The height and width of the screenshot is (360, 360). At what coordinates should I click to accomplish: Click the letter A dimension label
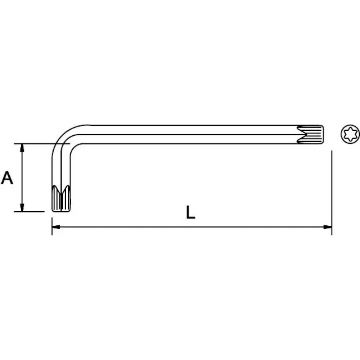point(8,178)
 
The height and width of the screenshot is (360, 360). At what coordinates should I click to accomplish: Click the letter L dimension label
point(190,213)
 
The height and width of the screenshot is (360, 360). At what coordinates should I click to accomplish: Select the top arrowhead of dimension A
point(23,147)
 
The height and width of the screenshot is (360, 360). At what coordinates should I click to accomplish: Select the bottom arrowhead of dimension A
point(23,208)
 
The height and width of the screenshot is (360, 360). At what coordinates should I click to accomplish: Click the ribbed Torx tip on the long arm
point(311,135)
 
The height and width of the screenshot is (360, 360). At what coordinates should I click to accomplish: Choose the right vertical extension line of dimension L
point(331,191)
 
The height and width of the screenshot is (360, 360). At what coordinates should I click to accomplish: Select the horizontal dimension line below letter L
point(191,227)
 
